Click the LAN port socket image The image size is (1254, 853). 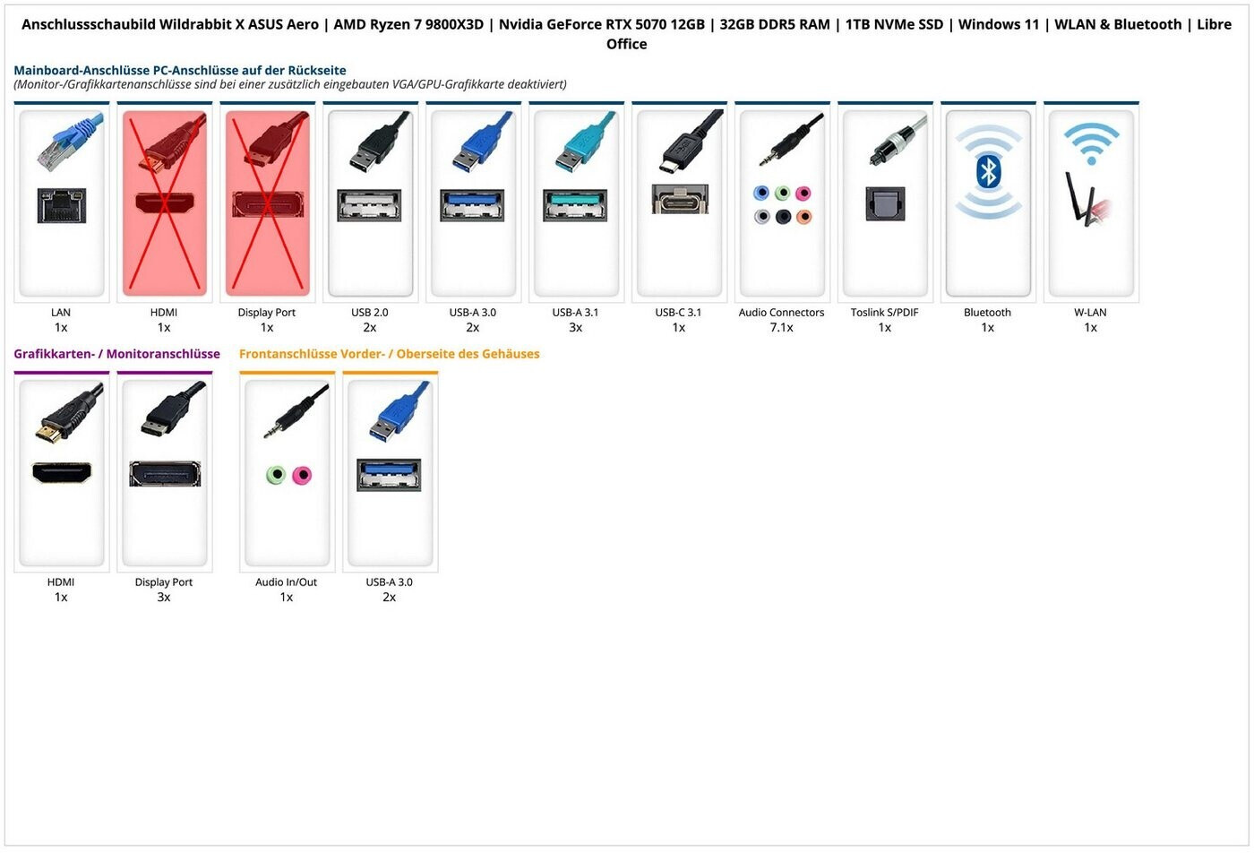(62, 205)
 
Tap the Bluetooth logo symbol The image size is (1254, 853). (988, 171)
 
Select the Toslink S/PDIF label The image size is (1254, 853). (885, 313)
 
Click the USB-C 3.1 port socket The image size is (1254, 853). (680, 199)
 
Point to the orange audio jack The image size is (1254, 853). (804, 216)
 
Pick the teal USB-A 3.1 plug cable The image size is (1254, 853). (583, 142)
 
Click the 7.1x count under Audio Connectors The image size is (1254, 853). (781, 328)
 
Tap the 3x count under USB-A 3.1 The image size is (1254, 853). (575, 328)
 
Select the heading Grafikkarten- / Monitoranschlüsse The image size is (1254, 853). (117, 354)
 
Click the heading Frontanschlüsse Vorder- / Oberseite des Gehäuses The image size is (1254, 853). (389, 354)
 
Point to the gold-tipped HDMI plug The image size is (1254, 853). (68, 416)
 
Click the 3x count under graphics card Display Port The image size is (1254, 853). (163, 597)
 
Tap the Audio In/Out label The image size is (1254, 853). (286, 582)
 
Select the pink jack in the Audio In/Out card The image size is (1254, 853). (303, 476)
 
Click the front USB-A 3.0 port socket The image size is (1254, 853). (389, 475)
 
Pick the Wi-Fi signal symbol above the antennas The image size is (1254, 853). (1092, 142)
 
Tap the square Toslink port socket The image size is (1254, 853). (885, 204)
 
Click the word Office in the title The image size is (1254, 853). (626, 44)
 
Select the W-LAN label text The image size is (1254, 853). (1091, 313)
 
